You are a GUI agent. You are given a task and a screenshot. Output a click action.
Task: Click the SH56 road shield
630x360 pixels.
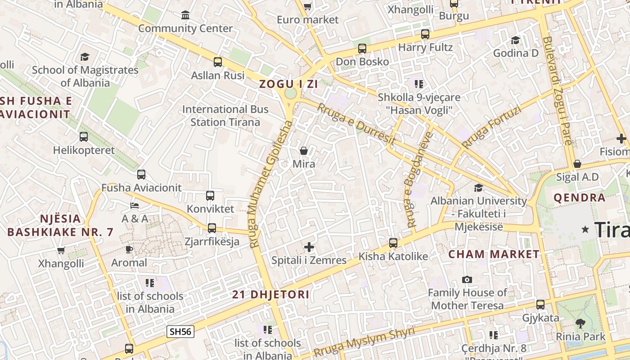(180, 332)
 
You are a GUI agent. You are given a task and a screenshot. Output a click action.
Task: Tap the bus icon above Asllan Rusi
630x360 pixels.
(218, 62)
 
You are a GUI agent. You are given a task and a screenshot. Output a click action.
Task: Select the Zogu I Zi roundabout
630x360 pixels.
(290, 94)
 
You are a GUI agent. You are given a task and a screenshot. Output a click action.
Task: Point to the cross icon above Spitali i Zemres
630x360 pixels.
(309, 247)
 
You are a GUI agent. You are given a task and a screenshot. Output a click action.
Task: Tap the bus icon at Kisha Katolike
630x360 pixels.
(393, 243)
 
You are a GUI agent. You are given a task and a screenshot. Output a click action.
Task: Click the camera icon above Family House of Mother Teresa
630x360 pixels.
(467, 279)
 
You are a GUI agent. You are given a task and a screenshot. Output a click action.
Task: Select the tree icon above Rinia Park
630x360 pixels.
(580, 323)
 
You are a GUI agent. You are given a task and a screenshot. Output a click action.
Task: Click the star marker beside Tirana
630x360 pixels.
(585, 229)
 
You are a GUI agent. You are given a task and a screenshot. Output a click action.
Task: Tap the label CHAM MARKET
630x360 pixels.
(494, 254)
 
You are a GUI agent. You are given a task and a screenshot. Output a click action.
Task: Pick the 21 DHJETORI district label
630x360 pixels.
(270, 295)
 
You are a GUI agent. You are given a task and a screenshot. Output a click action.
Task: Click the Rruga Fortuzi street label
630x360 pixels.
(491, 127)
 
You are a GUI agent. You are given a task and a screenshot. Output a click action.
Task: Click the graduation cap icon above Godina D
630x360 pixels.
(515, 40)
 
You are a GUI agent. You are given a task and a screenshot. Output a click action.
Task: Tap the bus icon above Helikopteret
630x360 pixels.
(84, 137)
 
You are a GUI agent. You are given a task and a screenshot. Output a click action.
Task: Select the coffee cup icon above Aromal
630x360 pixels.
(129, 249)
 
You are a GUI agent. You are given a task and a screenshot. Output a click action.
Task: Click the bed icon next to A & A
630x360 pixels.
(135, 206)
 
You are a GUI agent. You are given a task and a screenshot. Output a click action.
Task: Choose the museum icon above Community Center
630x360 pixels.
(185, 16)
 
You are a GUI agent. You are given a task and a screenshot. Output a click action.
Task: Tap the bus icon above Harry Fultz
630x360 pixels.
(425, 34)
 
